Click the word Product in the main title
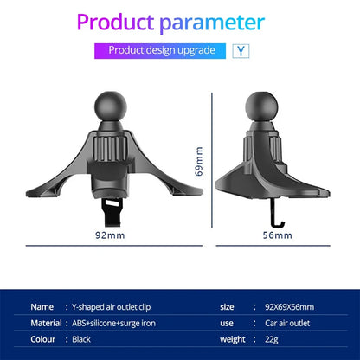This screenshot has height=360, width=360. click(x=115, y=22)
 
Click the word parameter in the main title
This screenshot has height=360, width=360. click(x=212, y=23)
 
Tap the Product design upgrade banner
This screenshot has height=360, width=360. click(x=160, y=51)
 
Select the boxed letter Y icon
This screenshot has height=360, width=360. click(x=241, y=51)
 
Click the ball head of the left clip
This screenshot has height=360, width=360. click(x=111, y=106)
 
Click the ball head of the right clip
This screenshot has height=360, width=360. click(x=261, y=106)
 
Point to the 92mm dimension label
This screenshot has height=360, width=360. click(x=110, y=235)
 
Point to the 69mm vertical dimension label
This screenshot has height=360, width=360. click(x=199, y=161)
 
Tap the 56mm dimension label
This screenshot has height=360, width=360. click(x=277, y=235)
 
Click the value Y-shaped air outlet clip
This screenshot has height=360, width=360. click(x=111, y=307)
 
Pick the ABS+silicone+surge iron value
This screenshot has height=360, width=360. click(x=113, y=324)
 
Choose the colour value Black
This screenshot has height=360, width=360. click(x=81, y=339)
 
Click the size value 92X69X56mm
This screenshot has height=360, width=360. click(x=289, y=307)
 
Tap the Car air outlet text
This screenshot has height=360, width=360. click(x=287, y=323)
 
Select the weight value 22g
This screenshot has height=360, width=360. click(x=272, y=340)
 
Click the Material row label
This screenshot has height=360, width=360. click(x=46, y=323)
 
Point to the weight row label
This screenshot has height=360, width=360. click(x=233, y=340)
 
